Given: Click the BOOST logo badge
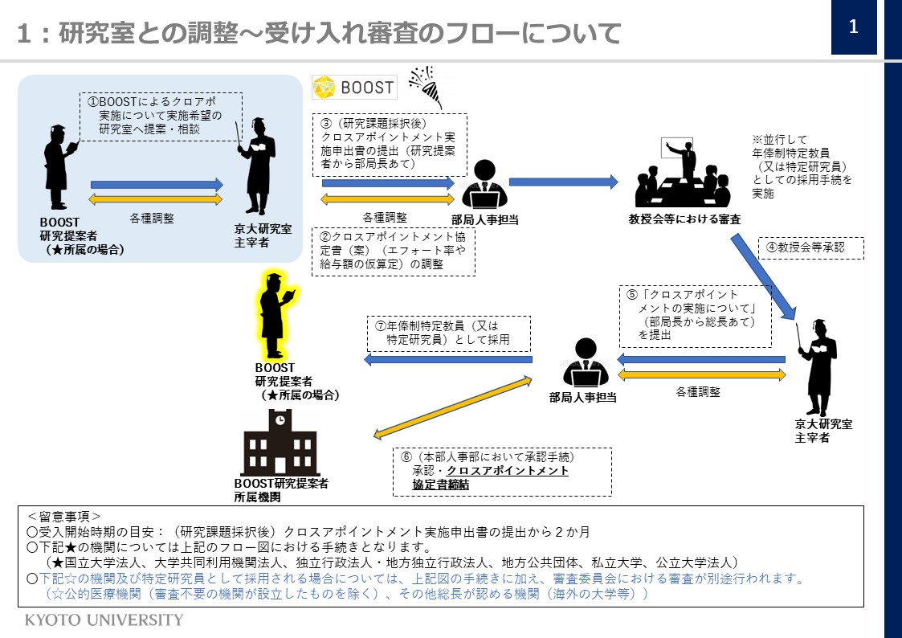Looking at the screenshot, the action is point(354,88).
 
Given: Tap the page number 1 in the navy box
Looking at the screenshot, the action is point(854,27).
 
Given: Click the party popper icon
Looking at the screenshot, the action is point(426,86).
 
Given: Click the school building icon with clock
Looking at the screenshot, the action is point(280,443).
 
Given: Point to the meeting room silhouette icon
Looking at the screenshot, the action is point(683,173).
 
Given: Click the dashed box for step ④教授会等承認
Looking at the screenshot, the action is point(811,248).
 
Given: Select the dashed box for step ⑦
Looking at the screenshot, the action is point(449,333).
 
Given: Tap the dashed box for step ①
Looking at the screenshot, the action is point(161,117).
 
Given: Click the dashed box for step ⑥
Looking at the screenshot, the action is point(502,472).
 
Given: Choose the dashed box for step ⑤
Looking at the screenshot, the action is point(696,317).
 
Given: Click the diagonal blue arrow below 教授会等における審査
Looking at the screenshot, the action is point(763,276).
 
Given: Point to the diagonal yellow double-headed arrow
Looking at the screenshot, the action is point(453,408).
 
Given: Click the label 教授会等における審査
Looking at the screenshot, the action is point(684,219).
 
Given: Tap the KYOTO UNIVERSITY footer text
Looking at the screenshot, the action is point(104,620).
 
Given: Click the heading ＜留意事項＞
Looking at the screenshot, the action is point(63,517).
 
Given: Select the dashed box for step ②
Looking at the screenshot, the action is point(394,252).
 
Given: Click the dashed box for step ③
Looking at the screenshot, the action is point(390,145).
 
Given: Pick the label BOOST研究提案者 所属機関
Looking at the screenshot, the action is point(281,490).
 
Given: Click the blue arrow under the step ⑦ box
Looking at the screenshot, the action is point(448,359).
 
